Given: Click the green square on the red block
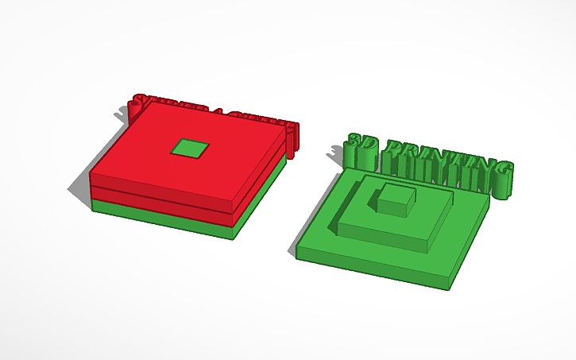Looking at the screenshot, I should click(x=190, y=147).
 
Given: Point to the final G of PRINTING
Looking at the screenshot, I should click(x=501, y=171).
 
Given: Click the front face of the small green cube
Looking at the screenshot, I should click(x=392, y=206).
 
